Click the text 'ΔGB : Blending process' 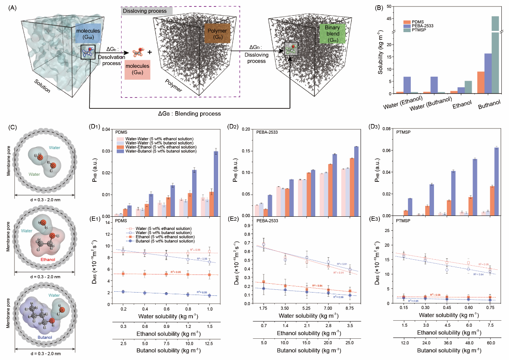(189, 114)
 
